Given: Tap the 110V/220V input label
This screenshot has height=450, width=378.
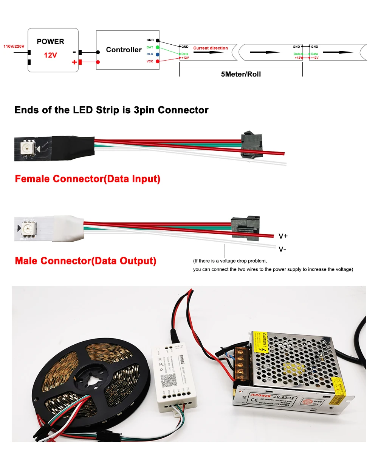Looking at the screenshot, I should coord(14,46).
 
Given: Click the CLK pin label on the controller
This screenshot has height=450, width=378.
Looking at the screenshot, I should coord(150,54).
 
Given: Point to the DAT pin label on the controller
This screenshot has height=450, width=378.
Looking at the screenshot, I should coord(150,47).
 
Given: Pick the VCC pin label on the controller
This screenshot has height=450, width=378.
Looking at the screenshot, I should coord(150,61).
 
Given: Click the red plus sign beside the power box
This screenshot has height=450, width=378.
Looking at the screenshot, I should coord(74,62).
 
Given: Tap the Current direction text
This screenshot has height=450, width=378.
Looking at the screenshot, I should coord(211,48).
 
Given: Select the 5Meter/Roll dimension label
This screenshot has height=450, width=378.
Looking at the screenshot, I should coord(241,74).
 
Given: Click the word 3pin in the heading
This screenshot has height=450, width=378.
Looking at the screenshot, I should coord(143,110).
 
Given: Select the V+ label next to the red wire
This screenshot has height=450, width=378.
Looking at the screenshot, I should coord(283,236).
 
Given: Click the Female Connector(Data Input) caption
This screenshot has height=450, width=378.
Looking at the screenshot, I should coord(87,179).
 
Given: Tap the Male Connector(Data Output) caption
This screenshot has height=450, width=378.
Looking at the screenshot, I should coord(85,261).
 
